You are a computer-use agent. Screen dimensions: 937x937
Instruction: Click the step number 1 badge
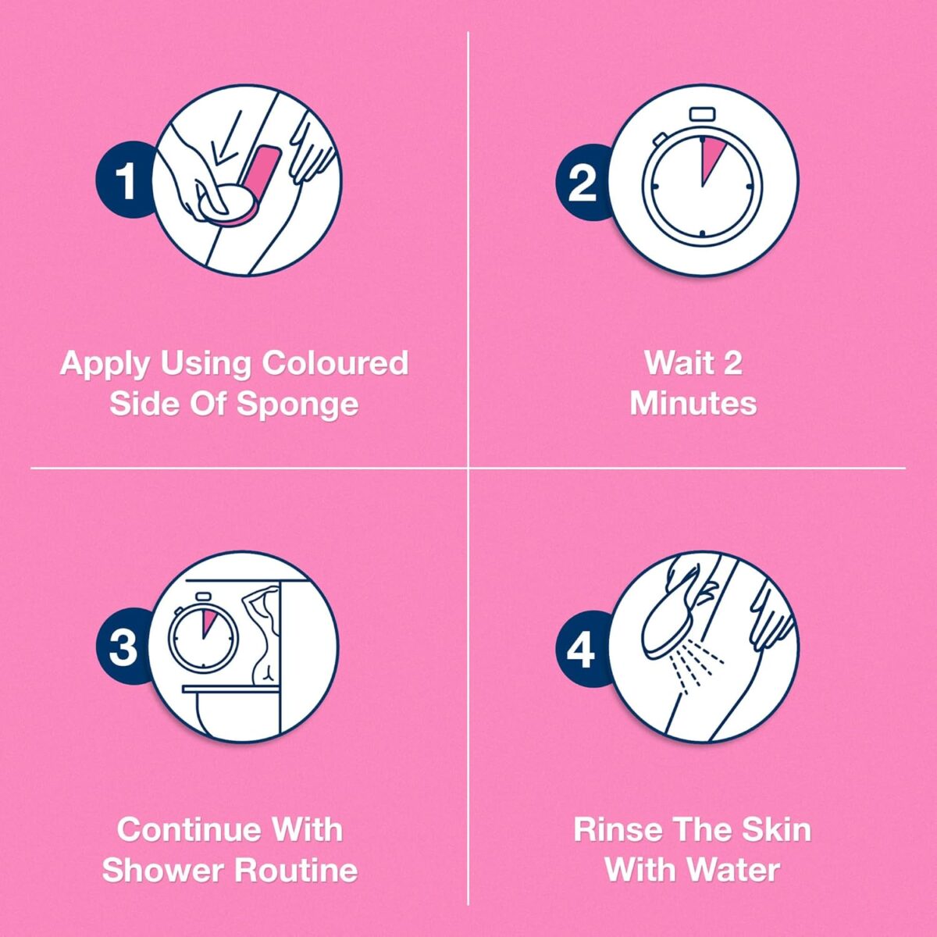(x=124, y=181)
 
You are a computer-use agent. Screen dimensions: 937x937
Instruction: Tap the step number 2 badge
(x=582, y=182)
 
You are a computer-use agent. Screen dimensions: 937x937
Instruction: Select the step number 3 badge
(x=123, y=647)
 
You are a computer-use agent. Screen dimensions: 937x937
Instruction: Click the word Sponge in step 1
(x=297, y=404)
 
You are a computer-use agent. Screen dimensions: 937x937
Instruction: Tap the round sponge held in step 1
(x=229, y=205)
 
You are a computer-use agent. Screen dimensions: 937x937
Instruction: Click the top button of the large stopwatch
(x=703, y=114)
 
